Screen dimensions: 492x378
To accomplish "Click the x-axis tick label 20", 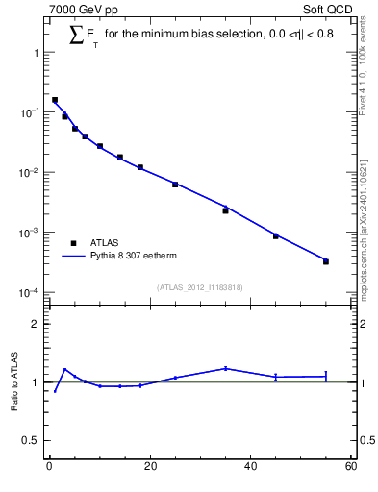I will [149, 467].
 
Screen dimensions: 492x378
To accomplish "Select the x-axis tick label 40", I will [250, 467].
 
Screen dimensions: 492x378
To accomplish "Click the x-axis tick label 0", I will [49, 467].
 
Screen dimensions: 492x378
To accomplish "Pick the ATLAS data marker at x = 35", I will [225, 210].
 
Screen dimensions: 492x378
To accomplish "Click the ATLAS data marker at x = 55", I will [326, 261].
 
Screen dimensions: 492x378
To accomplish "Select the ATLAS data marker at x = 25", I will [175, 184].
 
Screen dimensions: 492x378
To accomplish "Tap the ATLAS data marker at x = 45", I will [275, 235].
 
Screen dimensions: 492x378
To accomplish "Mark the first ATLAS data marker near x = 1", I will [55, 100].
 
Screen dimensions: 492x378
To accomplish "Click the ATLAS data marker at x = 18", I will [140, 167].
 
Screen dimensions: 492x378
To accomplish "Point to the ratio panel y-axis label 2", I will [35, 324].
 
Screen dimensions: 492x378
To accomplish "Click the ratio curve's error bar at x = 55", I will [326, 376].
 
